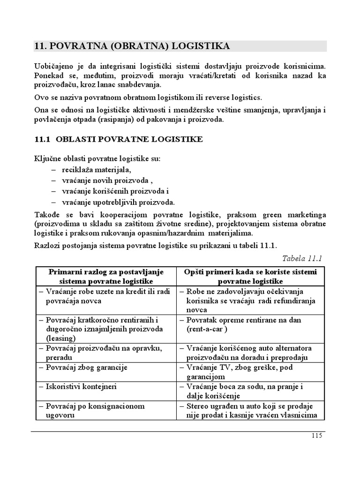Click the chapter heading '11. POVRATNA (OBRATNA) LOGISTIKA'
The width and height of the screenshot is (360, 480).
point(132,46)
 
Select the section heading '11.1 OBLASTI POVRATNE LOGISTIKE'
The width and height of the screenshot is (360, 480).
point(119,139)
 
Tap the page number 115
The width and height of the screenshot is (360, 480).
point(316,435)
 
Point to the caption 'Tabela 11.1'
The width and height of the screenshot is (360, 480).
point(303,258)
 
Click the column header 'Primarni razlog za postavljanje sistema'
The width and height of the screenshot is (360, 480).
point(106,277)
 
